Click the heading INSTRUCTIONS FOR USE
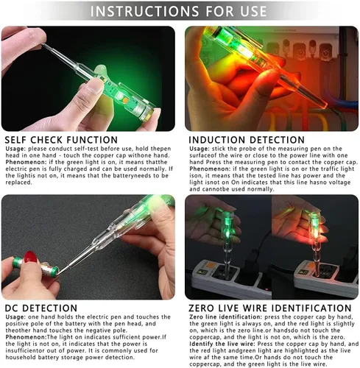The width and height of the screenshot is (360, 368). click(x=178, y=11)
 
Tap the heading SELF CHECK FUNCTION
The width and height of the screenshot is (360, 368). click(x=61, y=140)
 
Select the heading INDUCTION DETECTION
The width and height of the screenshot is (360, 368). click(x=247, y=140)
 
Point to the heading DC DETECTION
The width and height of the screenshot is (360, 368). click(x=41, y=308)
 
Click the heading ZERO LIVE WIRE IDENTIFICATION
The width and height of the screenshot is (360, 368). click(x=270, y=308)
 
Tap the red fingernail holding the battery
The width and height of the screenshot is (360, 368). click(x=30, y=257)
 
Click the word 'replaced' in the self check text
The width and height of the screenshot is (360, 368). click(x=18, y=183)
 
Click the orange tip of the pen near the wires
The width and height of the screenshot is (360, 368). click(x=323, y=104)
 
